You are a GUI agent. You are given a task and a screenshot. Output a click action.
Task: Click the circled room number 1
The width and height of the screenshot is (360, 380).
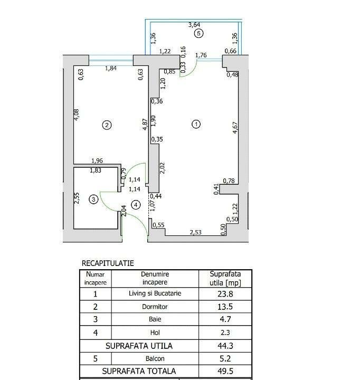point(196,125)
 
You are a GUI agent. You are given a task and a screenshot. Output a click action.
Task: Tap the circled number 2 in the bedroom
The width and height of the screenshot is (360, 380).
point(107,125)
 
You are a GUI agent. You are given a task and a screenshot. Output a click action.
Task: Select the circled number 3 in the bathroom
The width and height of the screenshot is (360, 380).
point(93,199)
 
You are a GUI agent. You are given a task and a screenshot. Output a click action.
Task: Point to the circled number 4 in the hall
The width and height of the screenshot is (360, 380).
point(136,205)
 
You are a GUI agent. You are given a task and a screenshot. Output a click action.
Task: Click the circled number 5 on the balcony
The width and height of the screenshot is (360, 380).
point(198,33)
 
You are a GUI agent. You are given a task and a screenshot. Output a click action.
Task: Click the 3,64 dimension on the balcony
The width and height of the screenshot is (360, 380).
point(194,24)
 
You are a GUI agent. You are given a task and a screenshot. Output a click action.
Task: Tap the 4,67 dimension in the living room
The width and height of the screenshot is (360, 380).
point(235,129)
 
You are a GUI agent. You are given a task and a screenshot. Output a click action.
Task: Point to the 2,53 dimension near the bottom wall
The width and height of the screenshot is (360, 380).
point(196,232)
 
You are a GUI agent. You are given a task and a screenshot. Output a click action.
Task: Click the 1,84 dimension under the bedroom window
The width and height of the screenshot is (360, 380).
point(110,68)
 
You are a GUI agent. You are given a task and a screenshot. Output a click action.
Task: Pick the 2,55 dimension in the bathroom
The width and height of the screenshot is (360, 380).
point(77,198)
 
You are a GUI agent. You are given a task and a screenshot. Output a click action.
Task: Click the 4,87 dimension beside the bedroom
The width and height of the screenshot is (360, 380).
point(145,125)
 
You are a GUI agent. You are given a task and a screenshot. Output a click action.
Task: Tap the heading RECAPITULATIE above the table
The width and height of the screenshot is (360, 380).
point(108,263)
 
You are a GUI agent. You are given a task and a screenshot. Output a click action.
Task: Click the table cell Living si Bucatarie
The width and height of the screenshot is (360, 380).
point(155,293)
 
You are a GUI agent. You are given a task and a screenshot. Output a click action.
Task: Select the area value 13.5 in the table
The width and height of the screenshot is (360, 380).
point(225,306)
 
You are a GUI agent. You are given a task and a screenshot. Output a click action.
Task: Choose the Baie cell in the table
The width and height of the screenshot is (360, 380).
point(155,319)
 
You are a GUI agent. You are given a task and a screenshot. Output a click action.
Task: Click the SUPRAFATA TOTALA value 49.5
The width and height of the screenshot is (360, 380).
point(225,372)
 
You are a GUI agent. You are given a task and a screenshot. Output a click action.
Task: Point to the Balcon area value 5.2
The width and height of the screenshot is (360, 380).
point(225,358)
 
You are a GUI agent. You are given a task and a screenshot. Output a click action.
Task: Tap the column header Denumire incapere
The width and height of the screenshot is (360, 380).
point(155,278)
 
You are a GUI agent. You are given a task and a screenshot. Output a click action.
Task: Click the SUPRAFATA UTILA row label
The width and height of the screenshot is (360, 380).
point(139,346)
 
